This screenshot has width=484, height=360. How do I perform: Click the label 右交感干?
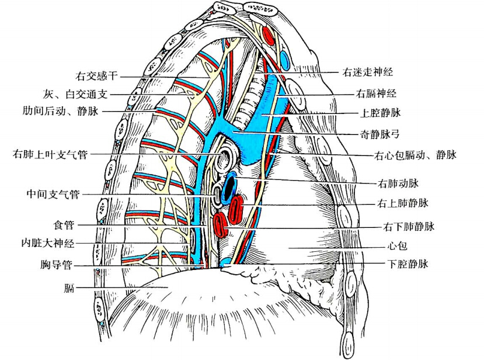tap(97, 76)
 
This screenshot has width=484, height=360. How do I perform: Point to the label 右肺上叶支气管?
tap(51, 155)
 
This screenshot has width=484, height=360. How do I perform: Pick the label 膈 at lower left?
tap(69, 288)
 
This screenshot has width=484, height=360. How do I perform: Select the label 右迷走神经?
tap(368, 72)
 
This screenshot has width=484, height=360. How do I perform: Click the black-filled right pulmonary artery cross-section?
tap(231, 186)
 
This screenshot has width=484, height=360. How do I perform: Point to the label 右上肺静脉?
tap(403, 203)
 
